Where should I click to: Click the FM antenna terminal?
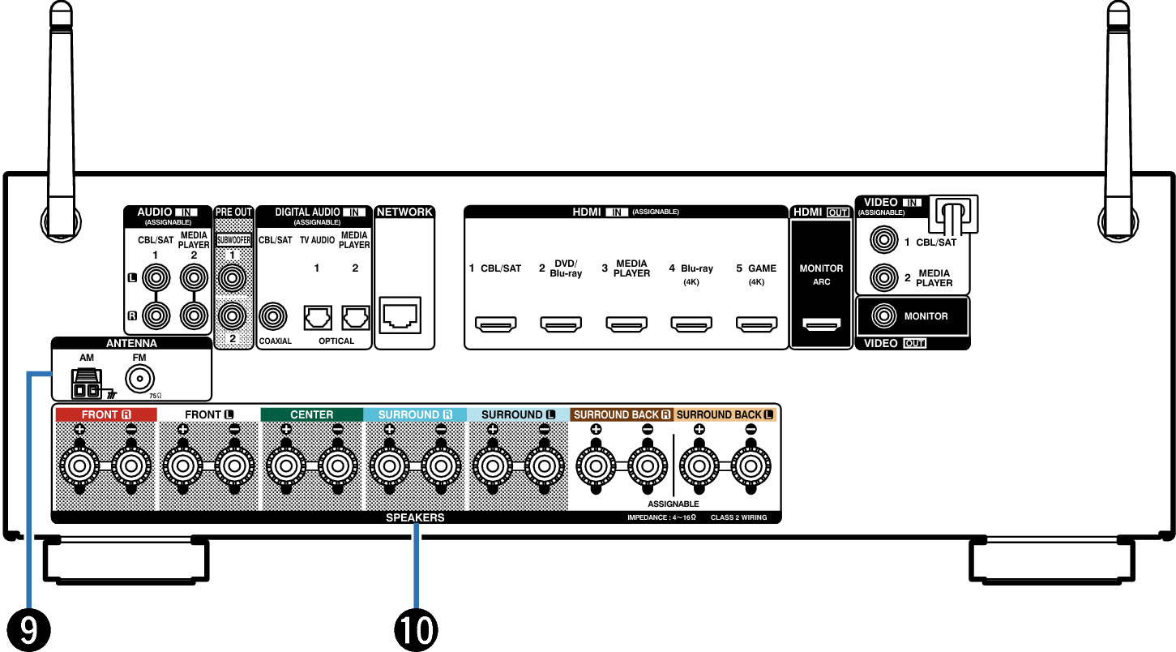[139, 379]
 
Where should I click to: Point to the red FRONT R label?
[105, 414]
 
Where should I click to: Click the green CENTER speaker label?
[312, 414]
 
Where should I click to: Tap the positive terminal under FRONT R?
[79, 465]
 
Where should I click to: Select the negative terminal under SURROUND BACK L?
[751, 465]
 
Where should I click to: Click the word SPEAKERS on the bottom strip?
[415, 517]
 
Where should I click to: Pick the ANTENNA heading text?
[131, 343]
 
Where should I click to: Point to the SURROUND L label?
[518, 414]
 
